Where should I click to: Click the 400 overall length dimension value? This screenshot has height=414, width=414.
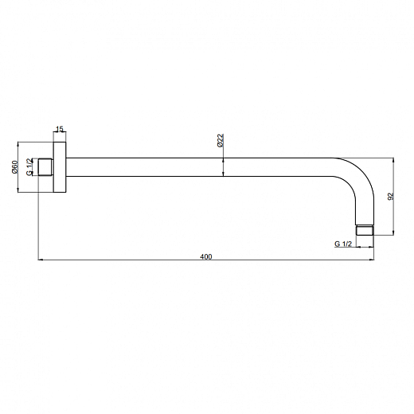(206, 256)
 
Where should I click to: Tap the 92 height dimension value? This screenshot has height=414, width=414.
(391, 197)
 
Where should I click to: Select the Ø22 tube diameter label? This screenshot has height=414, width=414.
(221, 140)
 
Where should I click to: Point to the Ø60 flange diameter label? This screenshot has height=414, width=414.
(15, 167)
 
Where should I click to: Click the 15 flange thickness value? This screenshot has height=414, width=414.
(60, 129)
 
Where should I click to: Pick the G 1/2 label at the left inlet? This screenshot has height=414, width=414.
(29, 167)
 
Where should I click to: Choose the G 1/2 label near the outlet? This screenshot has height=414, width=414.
(343, 244)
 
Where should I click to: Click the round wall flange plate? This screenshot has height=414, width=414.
(60, 167)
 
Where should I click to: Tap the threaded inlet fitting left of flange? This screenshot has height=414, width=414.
(45, 167)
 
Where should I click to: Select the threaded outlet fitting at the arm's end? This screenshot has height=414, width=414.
(365, 230)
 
